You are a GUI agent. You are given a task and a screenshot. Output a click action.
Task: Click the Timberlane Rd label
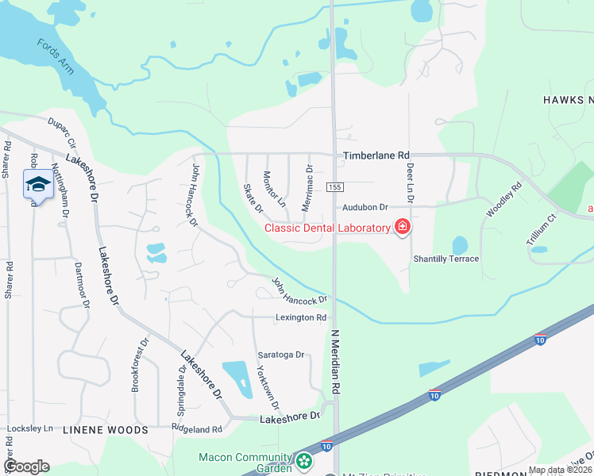pos(376,155)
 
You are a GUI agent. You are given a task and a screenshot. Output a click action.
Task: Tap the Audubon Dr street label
pos(364,207)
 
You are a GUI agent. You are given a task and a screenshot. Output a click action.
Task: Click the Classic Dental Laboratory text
pos(327,228)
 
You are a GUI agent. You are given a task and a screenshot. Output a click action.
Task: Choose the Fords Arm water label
pos(56,56)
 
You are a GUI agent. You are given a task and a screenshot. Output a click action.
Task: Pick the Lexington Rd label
pos(301,317)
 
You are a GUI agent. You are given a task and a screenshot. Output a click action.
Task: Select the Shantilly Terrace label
pos(445,259)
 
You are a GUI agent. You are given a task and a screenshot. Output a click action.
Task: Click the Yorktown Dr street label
pos(265,386)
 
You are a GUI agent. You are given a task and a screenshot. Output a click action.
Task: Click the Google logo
pos(26,466)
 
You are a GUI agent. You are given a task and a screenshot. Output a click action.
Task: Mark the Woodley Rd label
pos(503,199)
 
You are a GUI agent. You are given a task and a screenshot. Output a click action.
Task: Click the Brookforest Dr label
pos(140,366)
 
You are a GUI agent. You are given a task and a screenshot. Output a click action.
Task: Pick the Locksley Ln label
pos(29,428)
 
